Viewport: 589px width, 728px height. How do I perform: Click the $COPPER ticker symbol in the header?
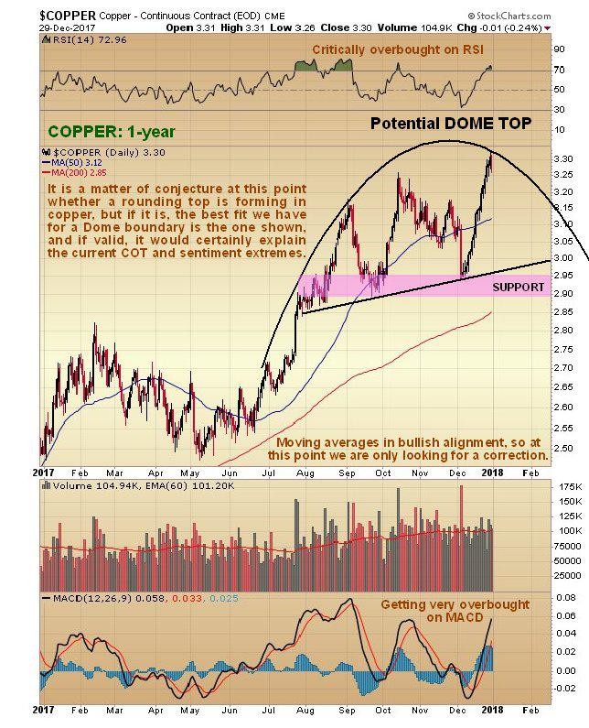click(x=36, y=14)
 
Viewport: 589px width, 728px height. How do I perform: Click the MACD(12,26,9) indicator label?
click(x=88, y=596)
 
